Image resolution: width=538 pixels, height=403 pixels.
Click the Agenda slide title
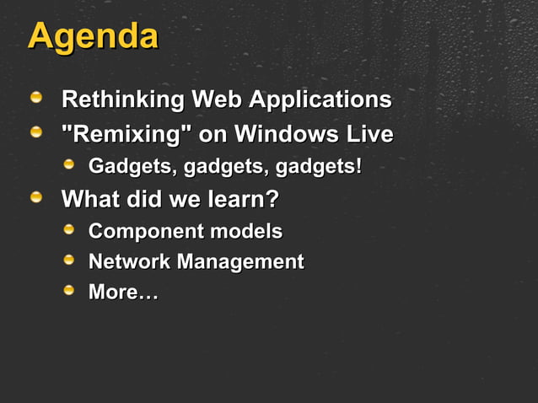tap(93, 37)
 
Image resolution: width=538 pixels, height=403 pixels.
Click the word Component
tap(146, 231)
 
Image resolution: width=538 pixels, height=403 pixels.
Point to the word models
tap(245, 231)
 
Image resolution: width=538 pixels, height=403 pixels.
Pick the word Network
tap(129, 262)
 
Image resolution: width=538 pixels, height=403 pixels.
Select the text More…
tap(123, 293)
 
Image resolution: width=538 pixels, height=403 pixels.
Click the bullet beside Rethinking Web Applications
tap(36, 100)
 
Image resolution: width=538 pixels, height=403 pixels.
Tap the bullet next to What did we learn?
tap(36, 200)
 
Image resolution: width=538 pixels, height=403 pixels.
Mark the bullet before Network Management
tap(71, 261)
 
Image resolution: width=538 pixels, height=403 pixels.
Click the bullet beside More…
tap(71, 292)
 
